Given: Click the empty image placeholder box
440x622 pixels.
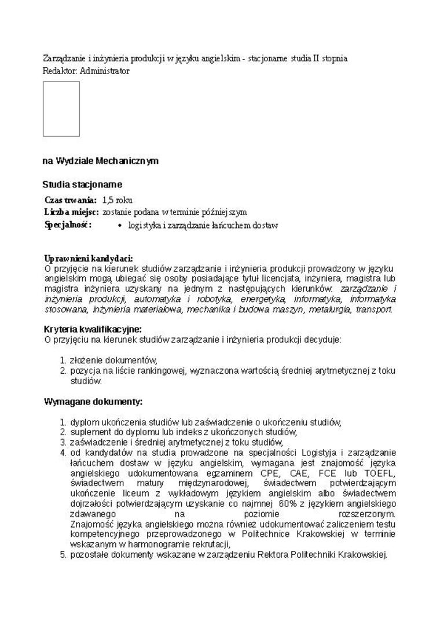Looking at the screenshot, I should (61, 109).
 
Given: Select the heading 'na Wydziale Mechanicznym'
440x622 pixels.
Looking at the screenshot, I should (100, 161).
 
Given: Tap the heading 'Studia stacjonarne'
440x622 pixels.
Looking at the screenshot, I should (82, 185).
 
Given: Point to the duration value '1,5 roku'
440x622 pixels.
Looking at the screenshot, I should (117, 200).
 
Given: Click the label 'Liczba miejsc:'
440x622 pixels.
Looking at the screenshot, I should (71, 212).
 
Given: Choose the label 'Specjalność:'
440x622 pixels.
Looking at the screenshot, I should (68, 224).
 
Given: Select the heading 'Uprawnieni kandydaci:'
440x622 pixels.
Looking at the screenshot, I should (89, 259).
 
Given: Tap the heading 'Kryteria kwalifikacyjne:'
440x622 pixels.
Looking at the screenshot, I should (93, 329).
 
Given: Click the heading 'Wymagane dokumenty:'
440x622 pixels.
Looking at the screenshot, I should (93, 402).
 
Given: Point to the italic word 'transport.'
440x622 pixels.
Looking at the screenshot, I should (374, 310).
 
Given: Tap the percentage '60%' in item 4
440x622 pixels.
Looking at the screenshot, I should (288, 503).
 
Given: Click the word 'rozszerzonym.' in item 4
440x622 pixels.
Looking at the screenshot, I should (366, 514).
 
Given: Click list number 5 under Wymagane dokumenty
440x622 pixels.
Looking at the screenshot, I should (64, 554).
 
